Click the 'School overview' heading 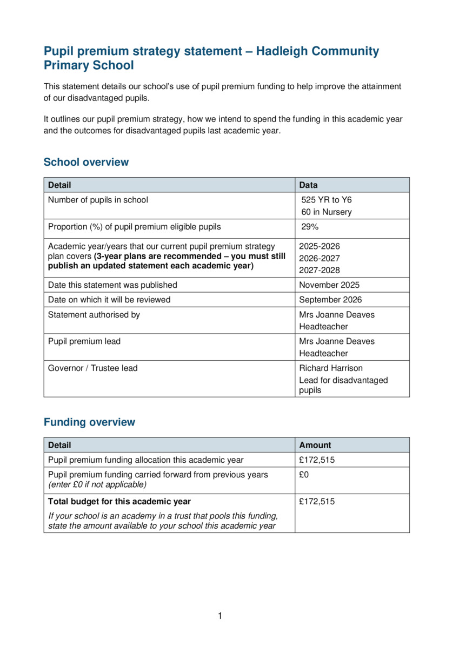tap(86, 162)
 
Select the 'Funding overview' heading tap(89, 422)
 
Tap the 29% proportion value tap(310, 227)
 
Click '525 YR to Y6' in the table tap(327, 200)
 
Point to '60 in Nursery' tap(326, 212)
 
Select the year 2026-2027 tap(320, 258)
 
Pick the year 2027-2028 tap(320, 271)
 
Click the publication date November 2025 tap(329, 285)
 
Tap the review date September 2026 tap(330, 300)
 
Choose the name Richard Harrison tap(331, 368)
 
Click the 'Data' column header tap(309, 185)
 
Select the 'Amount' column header tap(315, 446)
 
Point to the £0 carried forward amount tap(304, 475)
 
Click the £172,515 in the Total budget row tap(317, 502)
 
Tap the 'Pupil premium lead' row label tap(84, 341)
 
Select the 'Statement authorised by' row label tap(94, 315)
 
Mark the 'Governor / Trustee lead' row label tap(92, 368)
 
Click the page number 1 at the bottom tap(220, 616)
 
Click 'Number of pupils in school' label tap(98, 200)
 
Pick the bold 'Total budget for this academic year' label tap(119, 502)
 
